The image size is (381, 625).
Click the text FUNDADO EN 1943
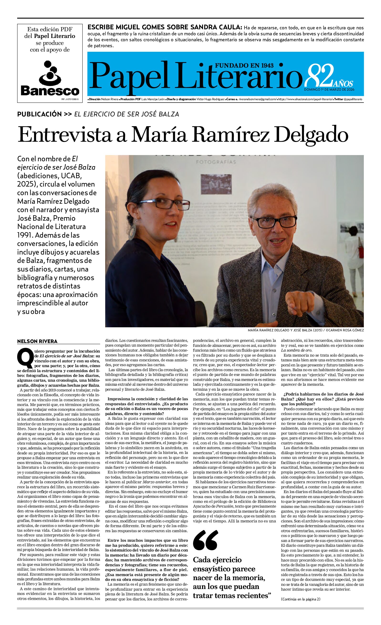(244, 65)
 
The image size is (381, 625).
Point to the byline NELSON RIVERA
(37, 341)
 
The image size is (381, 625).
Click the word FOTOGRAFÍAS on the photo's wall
(216, 162)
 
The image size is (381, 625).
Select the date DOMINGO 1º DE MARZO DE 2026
(329, 89)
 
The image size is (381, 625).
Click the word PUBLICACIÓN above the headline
(39, 114)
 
